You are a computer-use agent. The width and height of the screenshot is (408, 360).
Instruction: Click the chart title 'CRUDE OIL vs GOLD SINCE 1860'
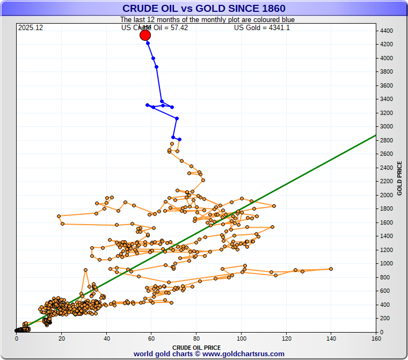pyautogui.click(x=203, y=8)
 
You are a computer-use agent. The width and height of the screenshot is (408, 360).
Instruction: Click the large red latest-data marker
pyautogui.click(x=145, y=35)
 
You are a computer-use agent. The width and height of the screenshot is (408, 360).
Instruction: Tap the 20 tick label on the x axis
pyautogui.click(x=61, y=339)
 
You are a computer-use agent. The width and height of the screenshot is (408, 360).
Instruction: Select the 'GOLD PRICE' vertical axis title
pyautogui.click(x=399, y=178)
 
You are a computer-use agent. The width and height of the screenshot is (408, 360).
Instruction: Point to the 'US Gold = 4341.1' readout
pyautogui.click(x=262, y=27)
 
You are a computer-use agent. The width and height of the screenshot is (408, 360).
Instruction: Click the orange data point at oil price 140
pyautogui.click(x=331, y=269)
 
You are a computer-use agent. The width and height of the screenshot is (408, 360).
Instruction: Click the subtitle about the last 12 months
pyautogui.click(x=207, y=20)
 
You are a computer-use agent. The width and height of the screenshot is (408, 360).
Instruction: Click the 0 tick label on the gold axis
pyautogui.click(x=382, y=332)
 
